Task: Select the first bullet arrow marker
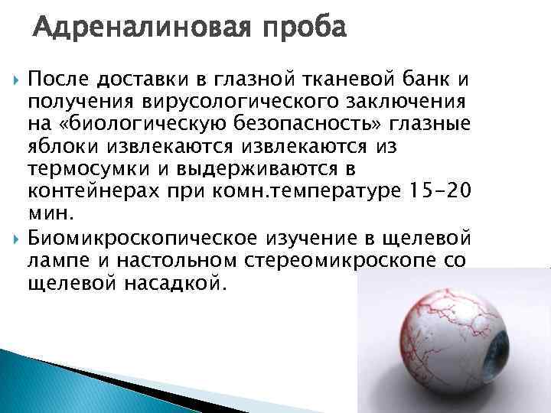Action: pos(18,78)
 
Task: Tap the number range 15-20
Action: pos(435,190)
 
